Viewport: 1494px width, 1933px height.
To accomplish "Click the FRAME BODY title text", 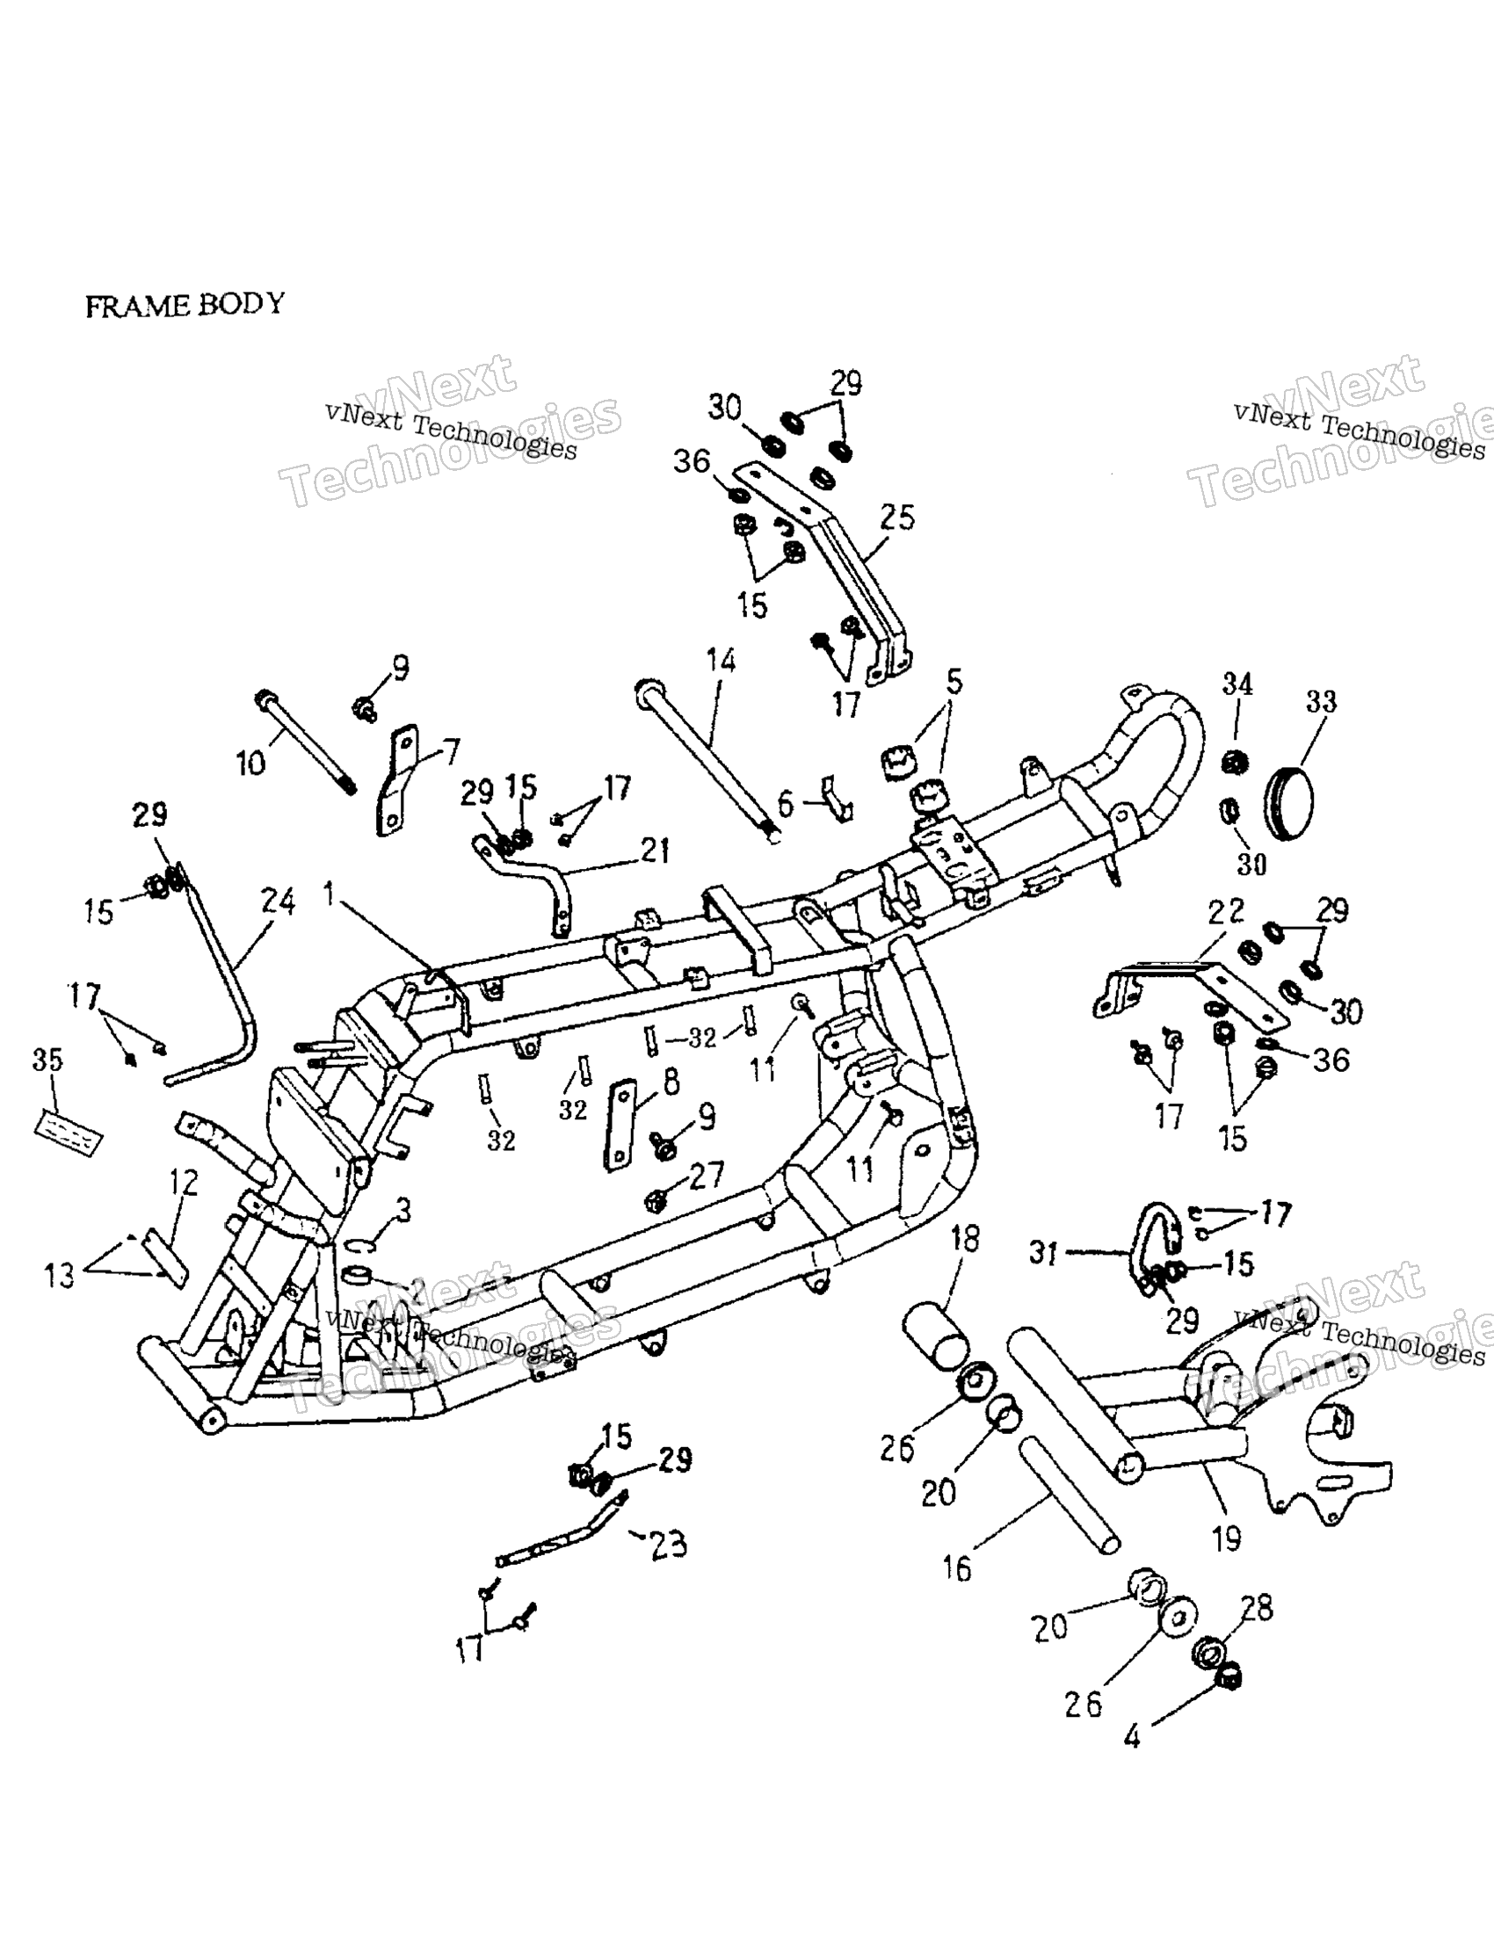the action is (185, 305).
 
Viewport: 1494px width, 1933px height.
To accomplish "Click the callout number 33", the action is (1321, 702).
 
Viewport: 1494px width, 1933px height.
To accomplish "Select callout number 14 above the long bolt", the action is (721, 660).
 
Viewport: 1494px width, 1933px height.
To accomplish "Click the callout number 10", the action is (251, 762).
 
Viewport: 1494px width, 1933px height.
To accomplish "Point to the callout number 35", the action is (48, 1060).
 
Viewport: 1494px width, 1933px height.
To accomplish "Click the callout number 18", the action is (966, 1239).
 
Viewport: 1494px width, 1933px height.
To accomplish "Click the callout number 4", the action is (1132, 1738).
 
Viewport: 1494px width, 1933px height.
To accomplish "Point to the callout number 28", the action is (1257, 1607).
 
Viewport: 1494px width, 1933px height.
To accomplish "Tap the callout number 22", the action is (1227, 911).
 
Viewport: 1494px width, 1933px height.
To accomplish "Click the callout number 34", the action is (1238, 684).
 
